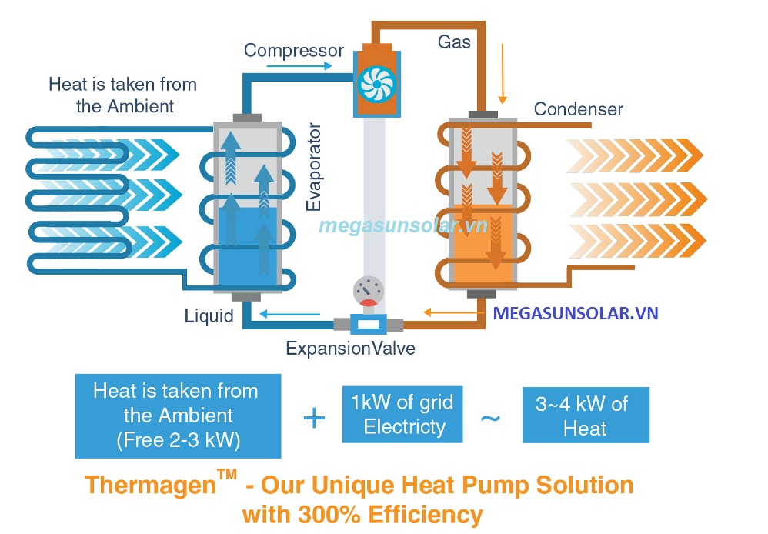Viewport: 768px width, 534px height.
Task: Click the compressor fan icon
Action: tap(376, 82)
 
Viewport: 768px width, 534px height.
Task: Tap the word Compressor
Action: tap(294, 51)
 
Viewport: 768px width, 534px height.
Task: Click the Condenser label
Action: tap(579, 109)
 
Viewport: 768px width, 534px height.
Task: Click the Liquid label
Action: tap(209, 315)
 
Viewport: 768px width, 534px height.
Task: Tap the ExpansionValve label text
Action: tap(350, 349)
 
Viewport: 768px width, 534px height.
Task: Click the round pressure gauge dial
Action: tap(369, 292)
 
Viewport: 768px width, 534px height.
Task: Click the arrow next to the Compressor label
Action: tap(299, 67)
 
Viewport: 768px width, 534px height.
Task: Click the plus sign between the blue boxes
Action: tap(314, 419)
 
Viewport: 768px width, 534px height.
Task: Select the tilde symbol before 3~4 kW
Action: tap(490, 418)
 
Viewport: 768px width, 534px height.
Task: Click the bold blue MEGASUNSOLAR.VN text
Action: tap(576, 314)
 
